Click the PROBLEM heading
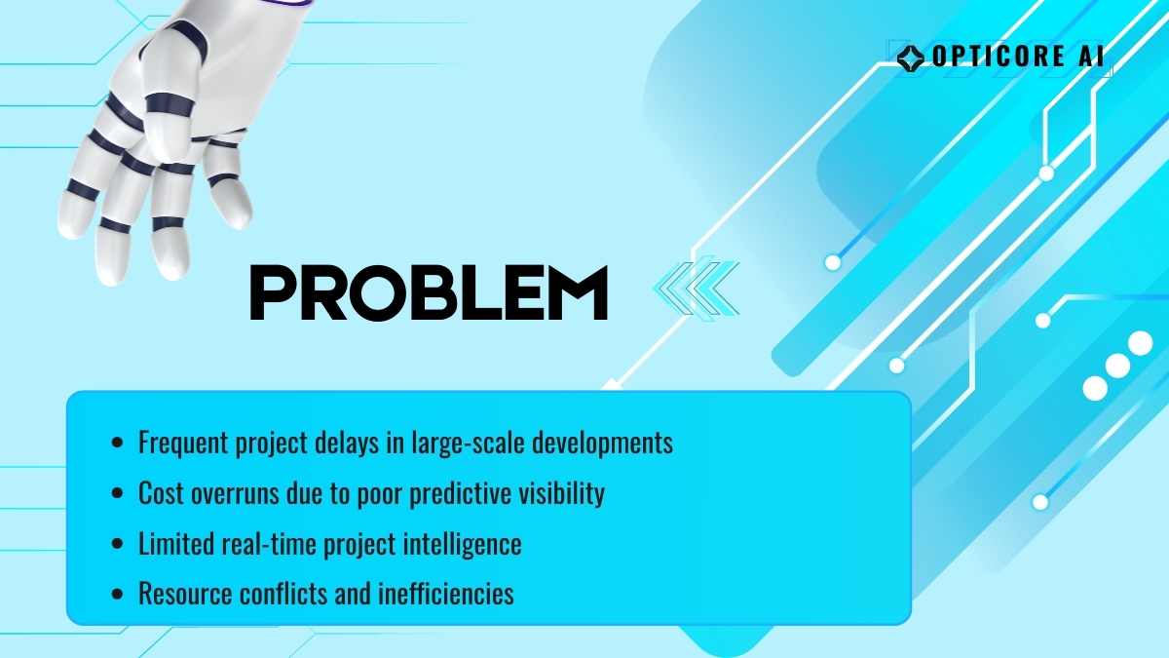[x=429, y=292]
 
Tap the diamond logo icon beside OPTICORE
[x=911, y=58]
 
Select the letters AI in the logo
[x=1091, y=56]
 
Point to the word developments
[x=602, y=443]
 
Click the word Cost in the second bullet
[x=160, y=492]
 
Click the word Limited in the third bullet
[x=175, y=544]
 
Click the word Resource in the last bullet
[x=185, y=594]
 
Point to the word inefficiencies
[x=446, y=594]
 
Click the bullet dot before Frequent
[x=118, y=443]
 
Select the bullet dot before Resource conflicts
[x=118, y=594]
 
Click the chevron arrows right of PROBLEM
[x=697, y=288]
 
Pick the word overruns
[x=235, y=493]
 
